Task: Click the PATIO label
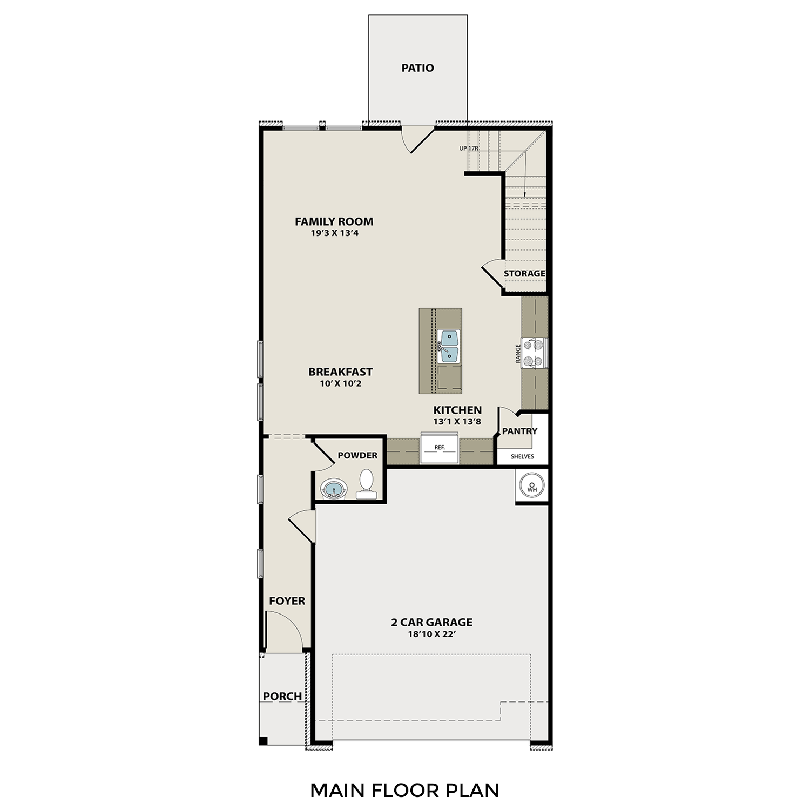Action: point(417,68)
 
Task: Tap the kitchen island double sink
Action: point(448,346)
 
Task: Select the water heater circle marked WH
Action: point(532,487)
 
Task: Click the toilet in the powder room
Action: point(366,483)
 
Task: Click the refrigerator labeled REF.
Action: point(440,448)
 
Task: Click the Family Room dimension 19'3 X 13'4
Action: point(334,234)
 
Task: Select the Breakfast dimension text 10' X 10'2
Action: point(340,384)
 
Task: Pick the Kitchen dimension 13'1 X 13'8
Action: point(457,422)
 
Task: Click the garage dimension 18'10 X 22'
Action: point(431,634)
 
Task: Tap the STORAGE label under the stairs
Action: point(524,274)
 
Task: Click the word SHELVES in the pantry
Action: point(522,457)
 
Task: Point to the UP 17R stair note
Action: point(469,148)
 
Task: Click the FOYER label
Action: point(287,601)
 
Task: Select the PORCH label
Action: point(282,697)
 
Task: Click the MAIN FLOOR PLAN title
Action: point(404,791)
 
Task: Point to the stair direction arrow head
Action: point(524,195)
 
